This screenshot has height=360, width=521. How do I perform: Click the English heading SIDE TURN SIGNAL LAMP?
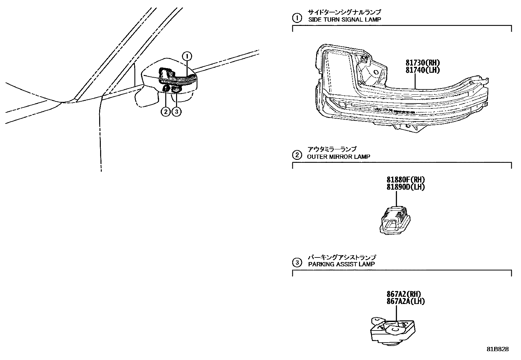345,19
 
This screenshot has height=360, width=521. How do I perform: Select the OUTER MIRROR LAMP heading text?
339,157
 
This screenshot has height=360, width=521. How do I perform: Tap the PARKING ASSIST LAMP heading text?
341,264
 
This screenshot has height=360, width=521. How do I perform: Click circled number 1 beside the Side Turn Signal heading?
297,18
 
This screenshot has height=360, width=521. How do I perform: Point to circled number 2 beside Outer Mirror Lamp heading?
297,155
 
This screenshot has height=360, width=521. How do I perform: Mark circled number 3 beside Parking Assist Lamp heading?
297,262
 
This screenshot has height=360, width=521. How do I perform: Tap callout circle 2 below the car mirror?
166,112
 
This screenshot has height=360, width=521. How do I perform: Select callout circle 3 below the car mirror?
176,112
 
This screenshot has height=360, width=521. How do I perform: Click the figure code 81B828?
497,349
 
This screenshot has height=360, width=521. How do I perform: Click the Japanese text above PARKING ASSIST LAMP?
342,257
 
